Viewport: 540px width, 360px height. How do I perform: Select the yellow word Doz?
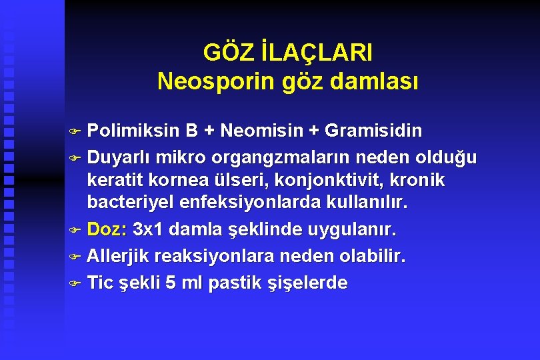107,231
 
